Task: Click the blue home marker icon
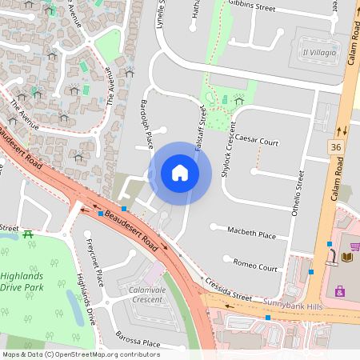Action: [x=180, y=173]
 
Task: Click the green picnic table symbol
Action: [x=29, y=234]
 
